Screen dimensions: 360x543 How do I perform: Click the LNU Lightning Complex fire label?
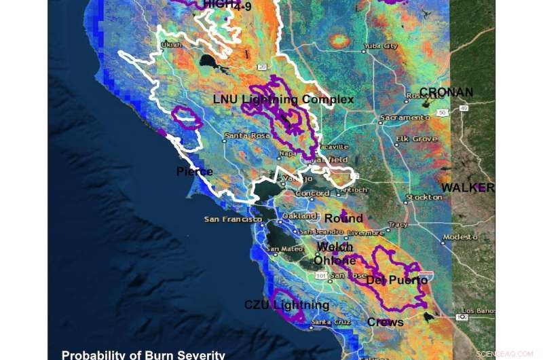[x=283, y=99]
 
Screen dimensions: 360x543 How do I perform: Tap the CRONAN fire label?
[x=446, y=92]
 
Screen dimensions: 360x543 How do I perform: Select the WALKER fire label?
[x=468, y=187]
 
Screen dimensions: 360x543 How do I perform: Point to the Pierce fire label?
[x=195, y=171]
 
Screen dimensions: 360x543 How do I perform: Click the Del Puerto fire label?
[x=397, y=280]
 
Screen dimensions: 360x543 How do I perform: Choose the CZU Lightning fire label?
[x=286, y=305]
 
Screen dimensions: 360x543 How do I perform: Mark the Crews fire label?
[x=385, y=322]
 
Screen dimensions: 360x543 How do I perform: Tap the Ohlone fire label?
[x=335, y=260]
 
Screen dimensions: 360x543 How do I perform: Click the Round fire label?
[x=343, y=218]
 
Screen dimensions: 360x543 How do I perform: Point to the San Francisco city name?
[x=233, y=219]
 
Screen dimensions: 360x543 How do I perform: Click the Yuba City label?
[x=381, y=46]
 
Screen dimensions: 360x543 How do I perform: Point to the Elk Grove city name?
[x=416, y=139]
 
